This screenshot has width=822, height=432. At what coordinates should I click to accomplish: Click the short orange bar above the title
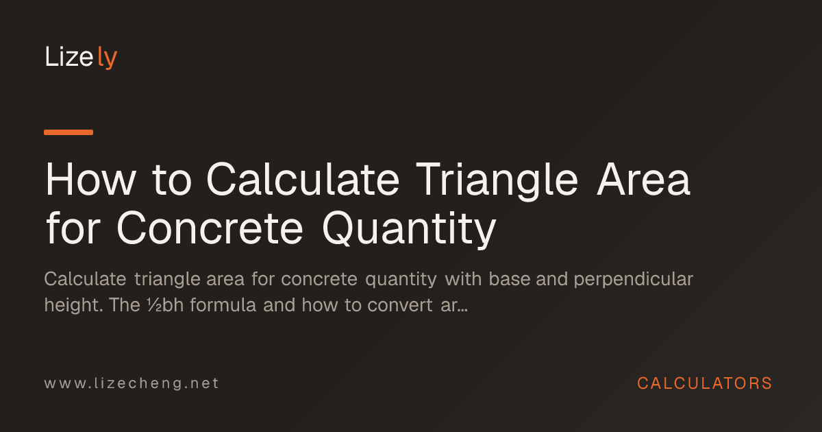68,132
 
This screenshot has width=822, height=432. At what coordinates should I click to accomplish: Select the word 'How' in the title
90,180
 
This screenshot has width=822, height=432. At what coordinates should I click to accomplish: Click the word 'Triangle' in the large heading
497,182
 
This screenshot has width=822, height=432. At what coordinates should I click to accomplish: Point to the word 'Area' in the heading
644,179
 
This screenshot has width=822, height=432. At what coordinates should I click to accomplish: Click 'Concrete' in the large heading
210,228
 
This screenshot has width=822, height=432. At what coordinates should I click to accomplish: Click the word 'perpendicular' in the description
634,280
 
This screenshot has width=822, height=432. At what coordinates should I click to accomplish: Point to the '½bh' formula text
165,305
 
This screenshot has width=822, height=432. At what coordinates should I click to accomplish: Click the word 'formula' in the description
223,305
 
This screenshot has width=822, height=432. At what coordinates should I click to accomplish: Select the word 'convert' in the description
400,305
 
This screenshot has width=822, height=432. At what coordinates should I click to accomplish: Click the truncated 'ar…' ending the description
454,306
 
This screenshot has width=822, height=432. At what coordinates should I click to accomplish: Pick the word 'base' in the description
510,279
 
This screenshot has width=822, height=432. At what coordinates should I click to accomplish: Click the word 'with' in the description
463,279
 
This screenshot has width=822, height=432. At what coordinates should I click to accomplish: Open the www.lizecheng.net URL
132,383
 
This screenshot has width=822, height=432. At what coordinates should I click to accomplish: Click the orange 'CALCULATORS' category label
705,383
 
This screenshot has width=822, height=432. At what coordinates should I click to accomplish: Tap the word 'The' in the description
125,305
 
